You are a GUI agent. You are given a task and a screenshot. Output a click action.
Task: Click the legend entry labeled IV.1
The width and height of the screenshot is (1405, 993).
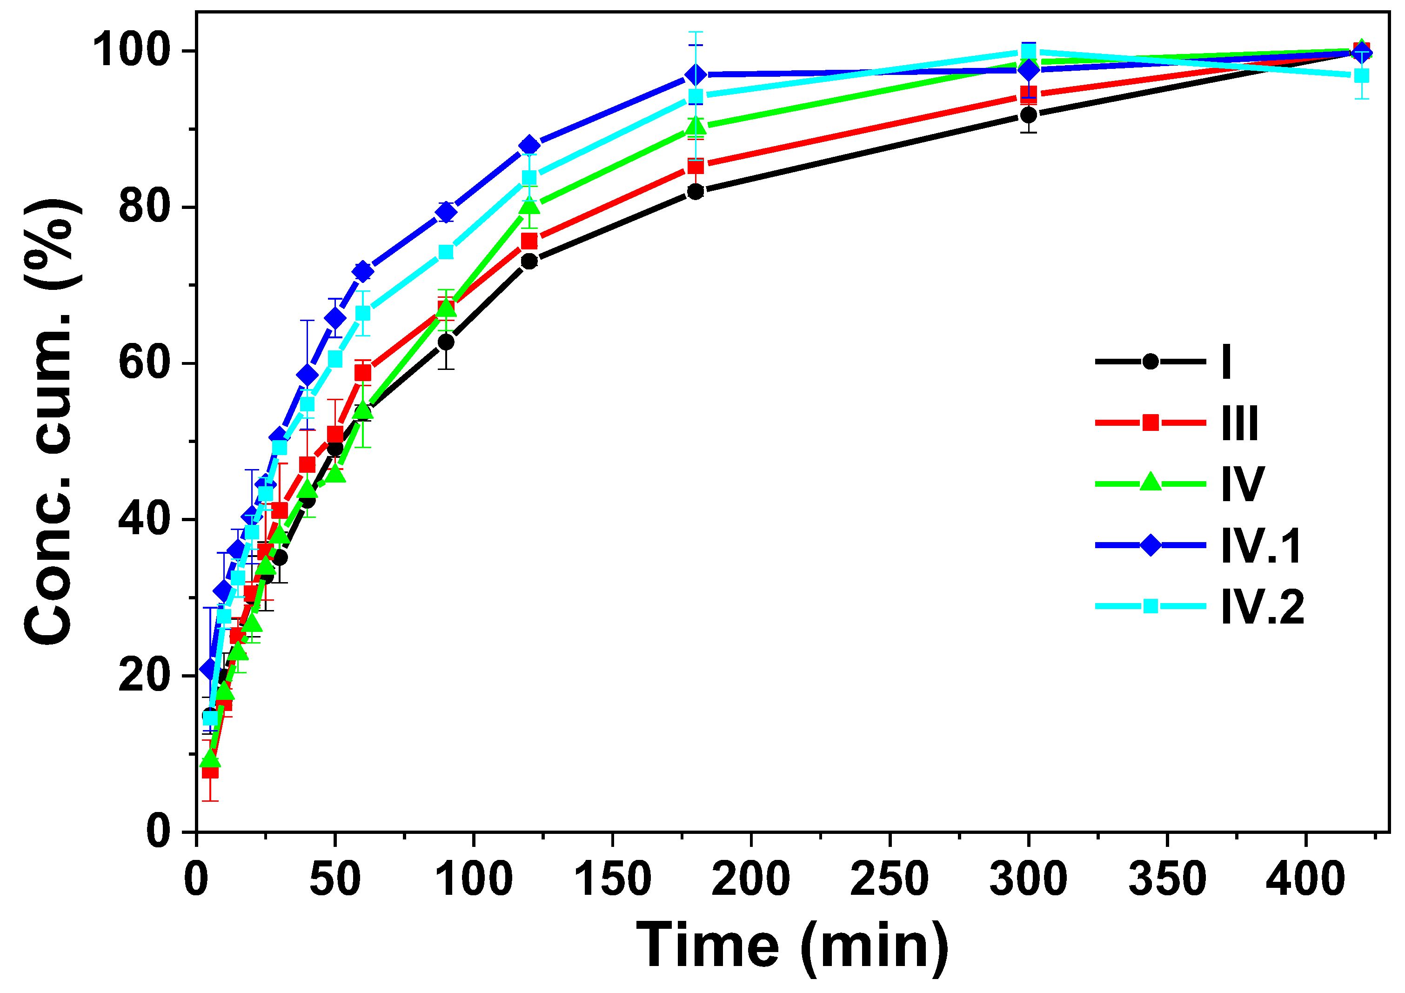click(x=1262, y=545)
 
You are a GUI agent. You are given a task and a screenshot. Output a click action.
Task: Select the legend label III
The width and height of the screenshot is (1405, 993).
click(x=1240, y=423)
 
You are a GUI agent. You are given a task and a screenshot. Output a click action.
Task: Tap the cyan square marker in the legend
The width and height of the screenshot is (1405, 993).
click(x=1151, y=606)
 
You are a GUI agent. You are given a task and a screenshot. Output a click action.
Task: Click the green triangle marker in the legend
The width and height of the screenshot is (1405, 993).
click(x=1151, y=483)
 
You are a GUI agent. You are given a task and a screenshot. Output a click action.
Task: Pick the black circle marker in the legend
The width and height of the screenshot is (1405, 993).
click(x=1151, y=361)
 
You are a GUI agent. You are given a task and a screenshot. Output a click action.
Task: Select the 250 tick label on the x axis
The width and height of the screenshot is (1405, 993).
click(x=889, y=879)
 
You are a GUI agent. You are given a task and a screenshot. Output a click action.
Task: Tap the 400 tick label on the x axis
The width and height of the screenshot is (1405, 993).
click(x=1306, y=879)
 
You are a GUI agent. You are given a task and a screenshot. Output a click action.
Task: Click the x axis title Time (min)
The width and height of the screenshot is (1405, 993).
click(x=792, y=946)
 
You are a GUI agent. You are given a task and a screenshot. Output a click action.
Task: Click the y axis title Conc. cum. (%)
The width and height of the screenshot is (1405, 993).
click(x=52, y=423)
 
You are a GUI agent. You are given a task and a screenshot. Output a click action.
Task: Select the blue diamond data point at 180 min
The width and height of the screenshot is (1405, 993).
click(x=695, y=75)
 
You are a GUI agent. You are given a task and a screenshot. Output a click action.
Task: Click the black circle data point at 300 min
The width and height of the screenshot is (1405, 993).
click(x=1029, y=114)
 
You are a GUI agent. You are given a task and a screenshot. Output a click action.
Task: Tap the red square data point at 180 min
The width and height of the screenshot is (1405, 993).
click(x=695, y=166)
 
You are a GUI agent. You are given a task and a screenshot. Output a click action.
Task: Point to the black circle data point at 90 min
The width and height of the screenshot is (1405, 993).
click(x=446, y=342)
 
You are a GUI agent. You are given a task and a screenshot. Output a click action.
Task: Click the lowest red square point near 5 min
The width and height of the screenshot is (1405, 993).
click(x=210, y=771)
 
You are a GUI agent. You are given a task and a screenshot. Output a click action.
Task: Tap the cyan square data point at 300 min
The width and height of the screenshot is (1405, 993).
click(x=1029, y=52)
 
